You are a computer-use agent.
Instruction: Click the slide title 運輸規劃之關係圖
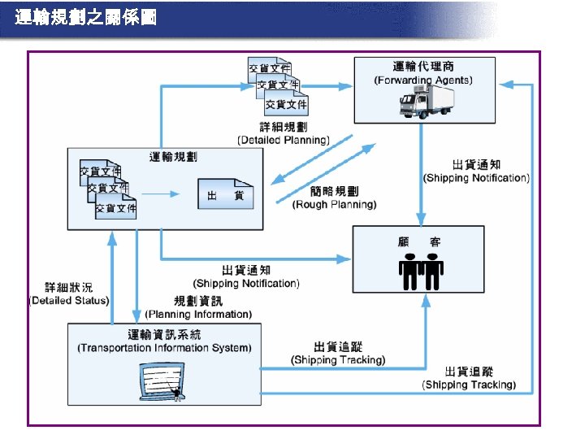[86, 17]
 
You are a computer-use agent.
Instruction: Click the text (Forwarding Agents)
[422, 80]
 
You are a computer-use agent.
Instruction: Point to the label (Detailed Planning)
[283, 140]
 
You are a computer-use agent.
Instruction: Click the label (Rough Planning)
[334, 205]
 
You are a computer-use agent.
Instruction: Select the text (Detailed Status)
[69, 300]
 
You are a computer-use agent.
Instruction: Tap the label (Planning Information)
[198, 314]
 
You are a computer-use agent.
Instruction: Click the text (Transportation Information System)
[164, 348]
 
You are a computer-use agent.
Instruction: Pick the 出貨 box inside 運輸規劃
[226, 196]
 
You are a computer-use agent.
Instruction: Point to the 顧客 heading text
[422, 241]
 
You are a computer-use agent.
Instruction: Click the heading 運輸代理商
[422, 66]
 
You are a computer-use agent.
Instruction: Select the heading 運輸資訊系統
[164, 334]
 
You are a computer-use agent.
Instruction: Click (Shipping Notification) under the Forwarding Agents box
[476, 177]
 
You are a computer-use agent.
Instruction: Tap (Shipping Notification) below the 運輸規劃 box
[246, 283]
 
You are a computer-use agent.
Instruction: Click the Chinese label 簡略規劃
[334, 191]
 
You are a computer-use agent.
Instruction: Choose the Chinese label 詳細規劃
[283, 127]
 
